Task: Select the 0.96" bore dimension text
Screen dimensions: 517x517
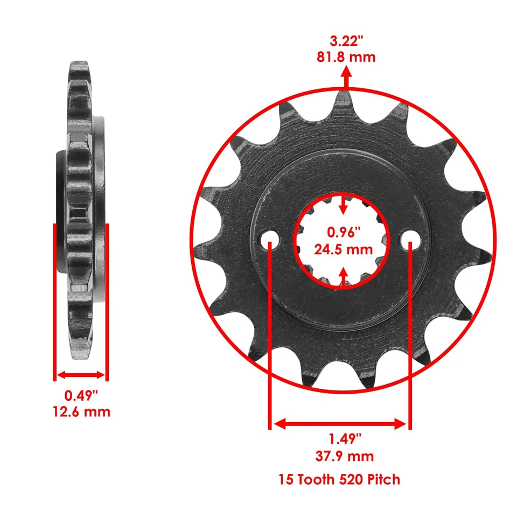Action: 344,233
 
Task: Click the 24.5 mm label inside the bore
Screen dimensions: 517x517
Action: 344,249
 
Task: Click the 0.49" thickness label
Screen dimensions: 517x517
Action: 81,396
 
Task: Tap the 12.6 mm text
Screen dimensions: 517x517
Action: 81,412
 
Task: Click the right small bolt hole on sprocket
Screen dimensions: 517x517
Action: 410,238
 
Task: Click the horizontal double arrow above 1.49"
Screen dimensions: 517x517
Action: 340,424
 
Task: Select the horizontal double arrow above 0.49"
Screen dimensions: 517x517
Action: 81,375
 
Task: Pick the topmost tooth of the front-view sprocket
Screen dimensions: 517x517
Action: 344,100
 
